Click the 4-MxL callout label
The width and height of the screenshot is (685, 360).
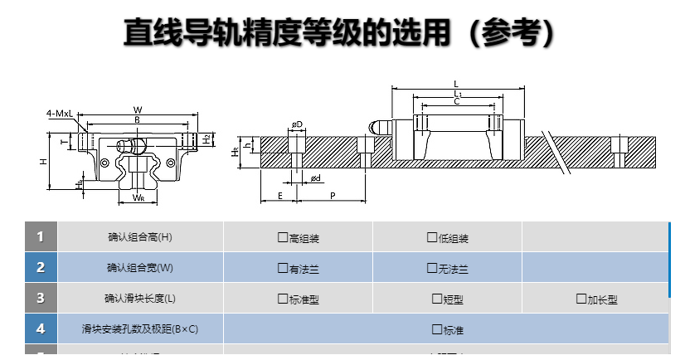click(x=60, y=112)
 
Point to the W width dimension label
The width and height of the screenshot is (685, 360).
click(x=138, y=109)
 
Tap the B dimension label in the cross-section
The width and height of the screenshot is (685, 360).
click(x=137, y=120)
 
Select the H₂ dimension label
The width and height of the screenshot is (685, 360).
click(x=206, y=139)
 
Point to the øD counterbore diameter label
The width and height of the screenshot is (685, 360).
click(x=296, y=124)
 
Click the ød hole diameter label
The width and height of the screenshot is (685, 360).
click(x=316, y=178)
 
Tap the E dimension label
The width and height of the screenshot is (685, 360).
click(x=280, y=195)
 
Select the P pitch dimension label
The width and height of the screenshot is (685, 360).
click(x=332, y=195)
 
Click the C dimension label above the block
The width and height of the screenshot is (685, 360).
click(x=456, y=101)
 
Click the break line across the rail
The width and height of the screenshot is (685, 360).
click(x=556, y=150)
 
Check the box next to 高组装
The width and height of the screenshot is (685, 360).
click(x=283, y=238)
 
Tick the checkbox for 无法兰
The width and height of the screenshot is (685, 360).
click(x=431, y=269)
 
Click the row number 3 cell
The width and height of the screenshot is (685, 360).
click(x=41, y=298)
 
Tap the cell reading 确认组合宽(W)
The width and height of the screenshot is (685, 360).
click(x=140, y=268)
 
